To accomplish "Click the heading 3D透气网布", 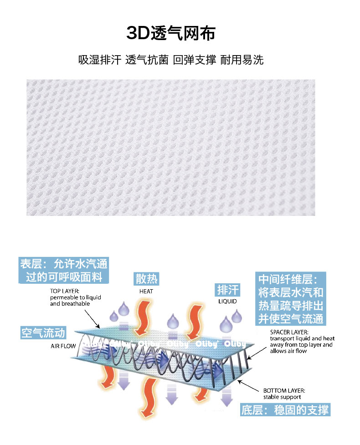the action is click(x=171, y=33).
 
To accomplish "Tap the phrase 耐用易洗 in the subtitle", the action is click(x=242, y=60).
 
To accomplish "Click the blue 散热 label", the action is click(x=146, y=278).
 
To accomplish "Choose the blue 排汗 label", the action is click(x=227, y=290).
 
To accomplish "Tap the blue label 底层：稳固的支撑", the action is click(x=284, y=409).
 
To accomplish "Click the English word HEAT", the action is click(x=146, y=291).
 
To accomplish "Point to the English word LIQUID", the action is click(x=227, y=302).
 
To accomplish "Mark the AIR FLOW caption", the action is click(x=63, y=346).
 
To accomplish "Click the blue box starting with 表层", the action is click(x=64, y=270).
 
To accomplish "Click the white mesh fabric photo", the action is click(x=171, y=147).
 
